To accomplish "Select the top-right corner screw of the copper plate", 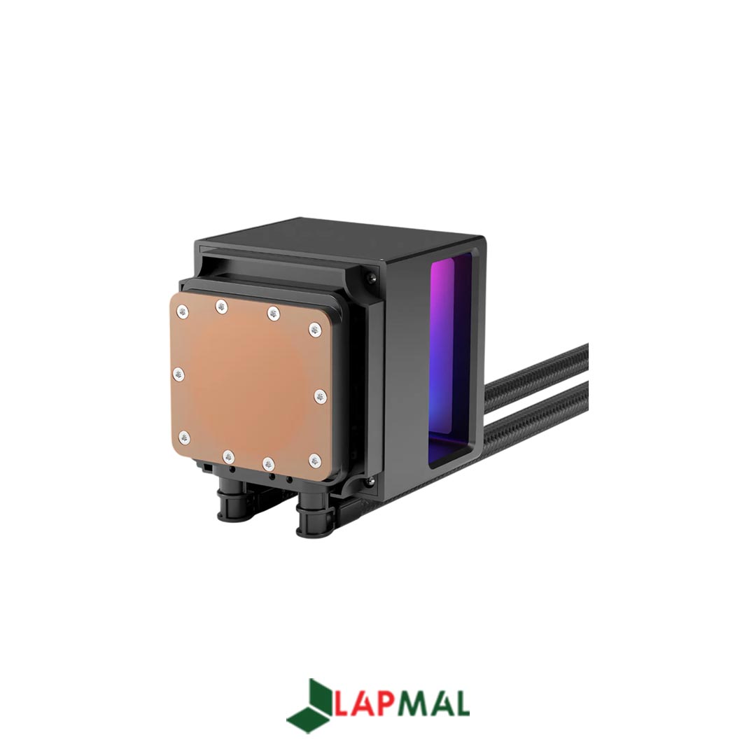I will tap(315, 328).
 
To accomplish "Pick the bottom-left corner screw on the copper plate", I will tap(184, 437).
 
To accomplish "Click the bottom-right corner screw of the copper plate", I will tap(315, 460).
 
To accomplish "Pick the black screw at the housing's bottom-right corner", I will tap(370, 481).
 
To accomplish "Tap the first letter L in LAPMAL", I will tap(341, 704).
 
